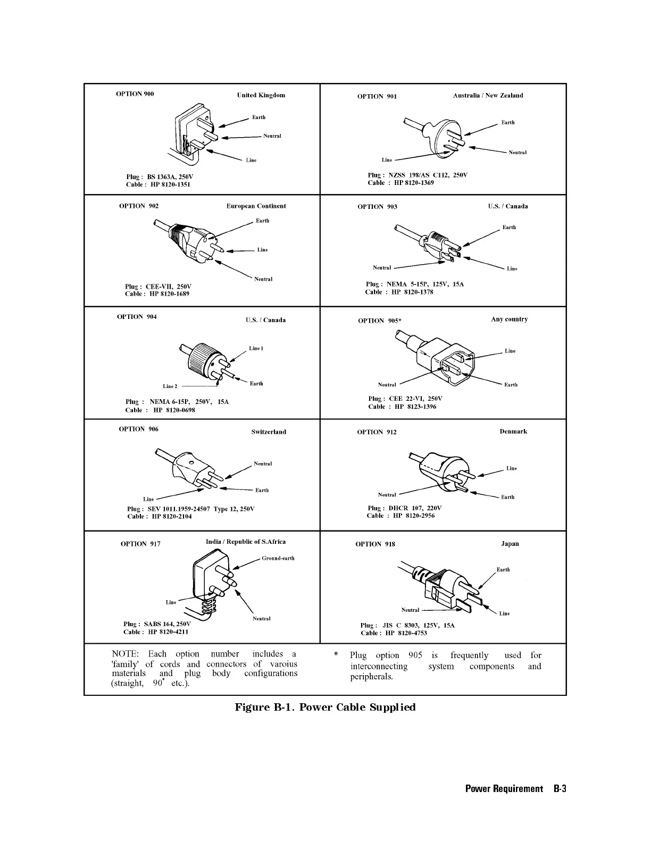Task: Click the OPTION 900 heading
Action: [x=135, y=94]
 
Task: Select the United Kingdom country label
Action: [x=261, y=95]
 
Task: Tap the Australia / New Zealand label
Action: [x=488, y=96]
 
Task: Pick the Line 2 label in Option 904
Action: [x=170, y=386]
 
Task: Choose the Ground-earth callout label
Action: [x=278, y=558]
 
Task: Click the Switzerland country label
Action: [x=269, y=432]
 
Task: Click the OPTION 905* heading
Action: [x=380, y=321]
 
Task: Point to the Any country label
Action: [x=509, y=319]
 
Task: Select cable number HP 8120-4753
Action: [x=406, y=633]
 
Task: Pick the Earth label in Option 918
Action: [x=503, y=570]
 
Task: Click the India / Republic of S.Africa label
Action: [x=246, y=542]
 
